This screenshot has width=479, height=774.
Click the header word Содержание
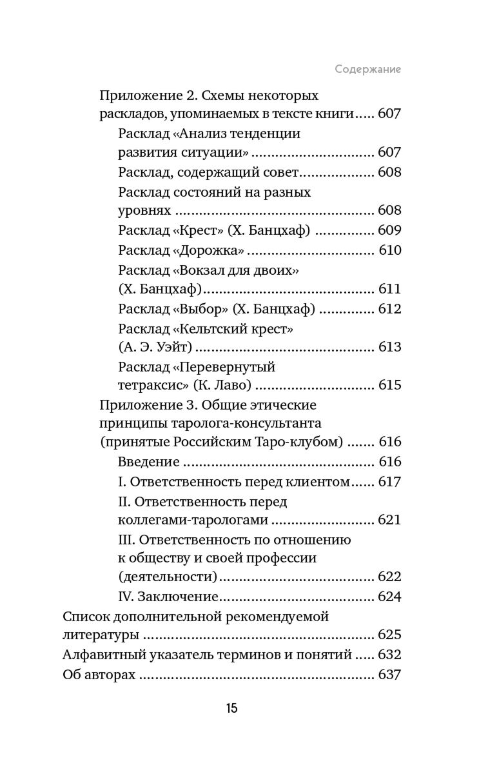pyautogui.click(x=368, y=69)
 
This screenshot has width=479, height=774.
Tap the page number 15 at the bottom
pyautogui.click(x=232, y=709)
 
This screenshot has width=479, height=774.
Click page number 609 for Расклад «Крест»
pyautogui.click(x=389, y=230)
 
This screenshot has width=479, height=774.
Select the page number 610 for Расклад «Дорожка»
pyautogui.click(x=389, y=250)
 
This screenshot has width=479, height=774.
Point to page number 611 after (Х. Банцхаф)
pyautogui.click(x=389, y=289)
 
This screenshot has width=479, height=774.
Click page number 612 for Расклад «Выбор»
pyautogui.click(x=389, y=309)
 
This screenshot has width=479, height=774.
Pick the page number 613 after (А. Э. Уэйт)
pyautogui.click(x=389, y=348)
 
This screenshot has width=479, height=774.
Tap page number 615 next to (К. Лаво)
pyautogui.click(x=389, y=386)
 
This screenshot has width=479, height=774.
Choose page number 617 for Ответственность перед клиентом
pyautogui.click(x=389, y=482)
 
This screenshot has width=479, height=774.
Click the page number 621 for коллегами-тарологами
pyautogui.click(x=389, y=520)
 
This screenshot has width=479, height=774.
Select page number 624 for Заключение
pyautogui.click(x=389, y=597)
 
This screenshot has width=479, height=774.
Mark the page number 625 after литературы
pyautogui.click(x=389, y=635)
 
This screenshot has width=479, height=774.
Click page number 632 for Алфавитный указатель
pyautogui.click(x=389, y=655)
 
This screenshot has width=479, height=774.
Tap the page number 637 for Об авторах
pyautogui.click(x=389, y=675)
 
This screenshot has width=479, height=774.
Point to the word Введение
pyautogui.click(x=149, y=462)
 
